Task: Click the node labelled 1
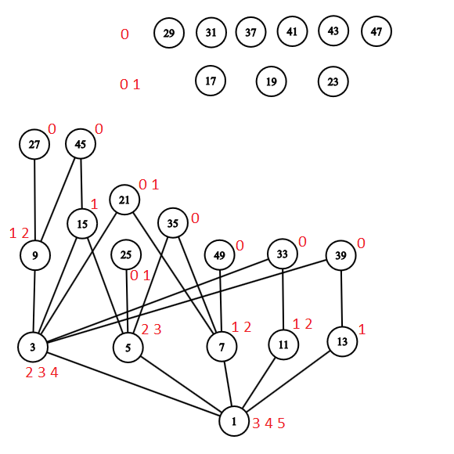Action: coord(234,422)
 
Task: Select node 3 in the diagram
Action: coord(33,347)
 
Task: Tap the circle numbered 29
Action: coord(169,33)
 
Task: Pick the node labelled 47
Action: coord(377,32)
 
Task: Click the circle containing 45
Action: coord(81,144)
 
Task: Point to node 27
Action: coord(34,145)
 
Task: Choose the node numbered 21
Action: coord(124,200)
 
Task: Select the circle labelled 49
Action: coord(219,255)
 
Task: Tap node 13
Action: coord(342,341)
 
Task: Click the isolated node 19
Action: coord(271,81)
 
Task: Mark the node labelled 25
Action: coord(126,254)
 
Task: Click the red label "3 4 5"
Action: coord(268,423)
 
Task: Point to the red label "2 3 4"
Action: coord(41,373)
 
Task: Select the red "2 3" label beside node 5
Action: coord(151,330)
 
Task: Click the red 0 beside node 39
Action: coord(361,243)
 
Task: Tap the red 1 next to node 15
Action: coord(94,204)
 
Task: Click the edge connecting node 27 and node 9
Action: coord(34,200)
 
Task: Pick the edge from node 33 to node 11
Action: coord(283,298)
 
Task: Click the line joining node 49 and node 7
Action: coord(221,301)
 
